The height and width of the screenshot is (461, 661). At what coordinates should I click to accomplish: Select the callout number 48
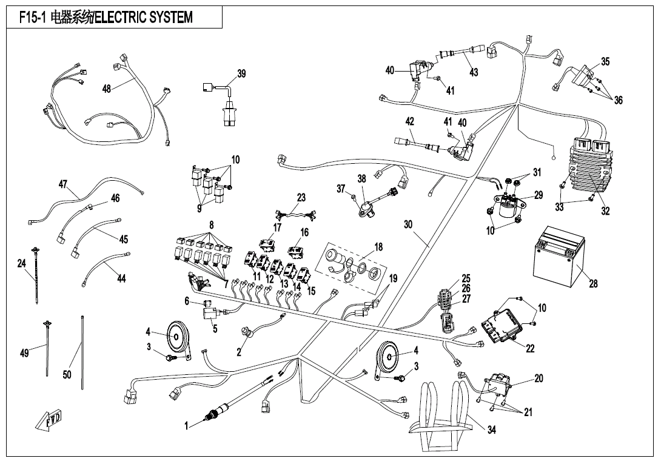107,89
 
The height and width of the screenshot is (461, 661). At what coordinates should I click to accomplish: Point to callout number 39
241,74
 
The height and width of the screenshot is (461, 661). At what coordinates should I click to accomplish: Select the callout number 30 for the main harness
408,224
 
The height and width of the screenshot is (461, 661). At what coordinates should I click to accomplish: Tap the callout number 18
378,247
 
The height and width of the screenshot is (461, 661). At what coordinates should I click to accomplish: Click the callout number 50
67,374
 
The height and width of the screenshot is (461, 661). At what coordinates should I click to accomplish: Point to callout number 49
25,353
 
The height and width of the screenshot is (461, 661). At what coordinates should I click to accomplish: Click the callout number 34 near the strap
491,429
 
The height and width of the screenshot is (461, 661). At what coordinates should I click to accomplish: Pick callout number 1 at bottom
187,425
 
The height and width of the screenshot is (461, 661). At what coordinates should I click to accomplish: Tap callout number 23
301,198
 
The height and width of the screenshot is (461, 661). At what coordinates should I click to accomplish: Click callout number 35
605,61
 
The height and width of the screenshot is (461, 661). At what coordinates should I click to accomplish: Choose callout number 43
474,72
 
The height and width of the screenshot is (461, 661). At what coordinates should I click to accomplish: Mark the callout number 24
22,263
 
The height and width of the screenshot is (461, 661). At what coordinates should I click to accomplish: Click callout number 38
362,179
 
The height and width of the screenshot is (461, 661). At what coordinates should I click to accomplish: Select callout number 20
539,378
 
